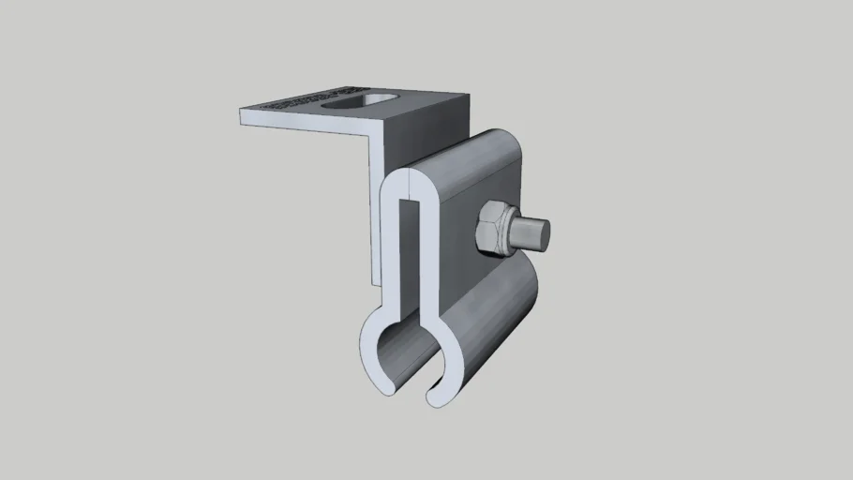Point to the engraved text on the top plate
coord(298,99)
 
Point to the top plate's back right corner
coord(467,94)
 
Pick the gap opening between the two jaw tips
coord(412,389)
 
